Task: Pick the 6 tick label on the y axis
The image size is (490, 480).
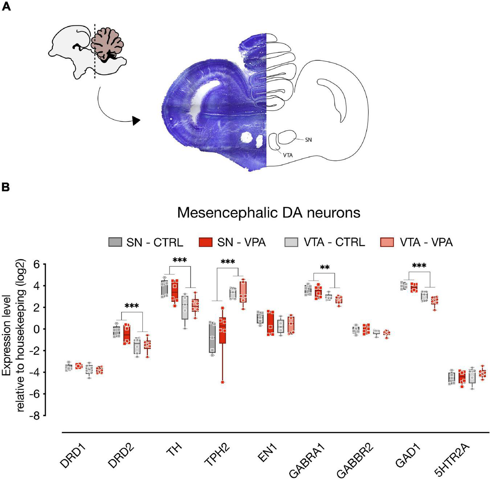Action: coord(37,264)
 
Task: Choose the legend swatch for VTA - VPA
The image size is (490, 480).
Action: coord(386,242)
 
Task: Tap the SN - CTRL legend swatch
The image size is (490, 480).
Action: coord(115,242)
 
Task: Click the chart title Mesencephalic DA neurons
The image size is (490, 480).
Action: coord(269,213)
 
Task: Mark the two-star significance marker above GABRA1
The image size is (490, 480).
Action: coord(325,268)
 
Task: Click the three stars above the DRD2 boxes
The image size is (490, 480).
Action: coord(131,306)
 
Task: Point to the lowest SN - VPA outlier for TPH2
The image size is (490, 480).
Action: coord(222,382)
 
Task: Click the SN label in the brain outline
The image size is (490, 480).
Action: coord(308,140)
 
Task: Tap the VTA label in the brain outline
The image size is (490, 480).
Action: coord(287,155)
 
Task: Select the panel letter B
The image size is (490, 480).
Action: coord(6,187)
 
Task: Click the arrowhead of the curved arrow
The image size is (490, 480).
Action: coord(136,121)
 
